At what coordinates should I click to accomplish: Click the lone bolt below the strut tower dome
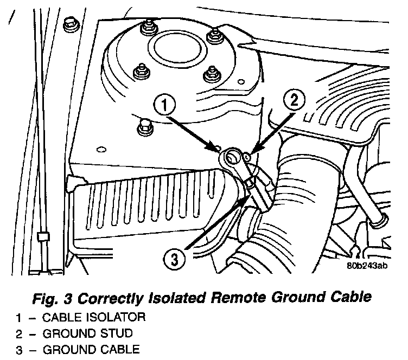point(145,125)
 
